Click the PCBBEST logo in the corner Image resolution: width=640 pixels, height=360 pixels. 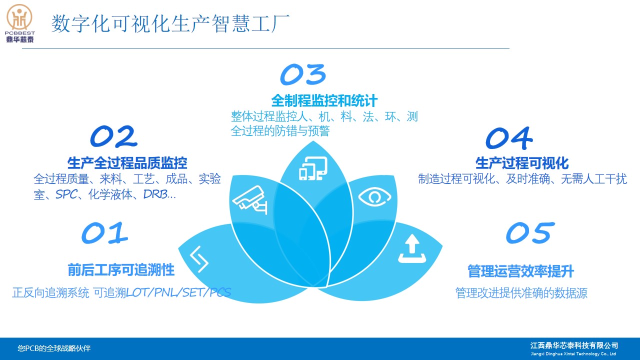tap(19, 23)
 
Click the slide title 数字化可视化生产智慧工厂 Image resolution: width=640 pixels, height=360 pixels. tap(170, 23)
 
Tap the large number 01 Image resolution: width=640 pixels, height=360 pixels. tap(104, 233)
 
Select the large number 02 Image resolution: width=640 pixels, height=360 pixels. tap(113, 136)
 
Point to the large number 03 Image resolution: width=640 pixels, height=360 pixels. tap(303, 74)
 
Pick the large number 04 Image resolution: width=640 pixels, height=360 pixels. tap(509, 138)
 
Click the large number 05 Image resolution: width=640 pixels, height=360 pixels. tap(530, 233)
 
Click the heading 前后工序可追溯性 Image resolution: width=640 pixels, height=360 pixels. tap(121, 270)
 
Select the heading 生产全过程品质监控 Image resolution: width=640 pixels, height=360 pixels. tap(127, 163)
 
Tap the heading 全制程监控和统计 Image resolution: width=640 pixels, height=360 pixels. tap(324, 100)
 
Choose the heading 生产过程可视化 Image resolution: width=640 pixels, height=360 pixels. tap(522, 163)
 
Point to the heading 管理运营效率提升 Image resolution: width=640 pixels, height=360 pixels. tap(520, 271)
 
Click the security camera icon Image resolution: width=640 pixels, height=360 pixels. tap(250, 200)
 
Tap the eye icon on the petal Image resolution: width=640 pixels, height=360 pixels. tap(374, 196)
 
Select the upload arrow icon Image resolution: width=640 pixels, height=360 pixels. tap(412, 248)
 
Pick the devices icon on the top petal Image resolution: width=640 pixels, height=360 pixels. tap(313, 168)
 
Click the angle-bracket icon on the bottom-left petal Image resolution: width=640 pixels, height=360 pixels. tap(199, 259)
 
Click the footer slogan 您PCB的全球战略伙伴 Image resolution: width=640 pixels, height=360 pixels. tap(54, 348)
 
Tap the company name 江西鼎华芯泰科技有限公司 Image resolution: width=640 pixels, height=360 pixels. tap(574, 345)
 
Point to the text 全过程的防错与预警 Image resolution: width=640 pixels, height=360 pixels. tap(280, 131)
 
